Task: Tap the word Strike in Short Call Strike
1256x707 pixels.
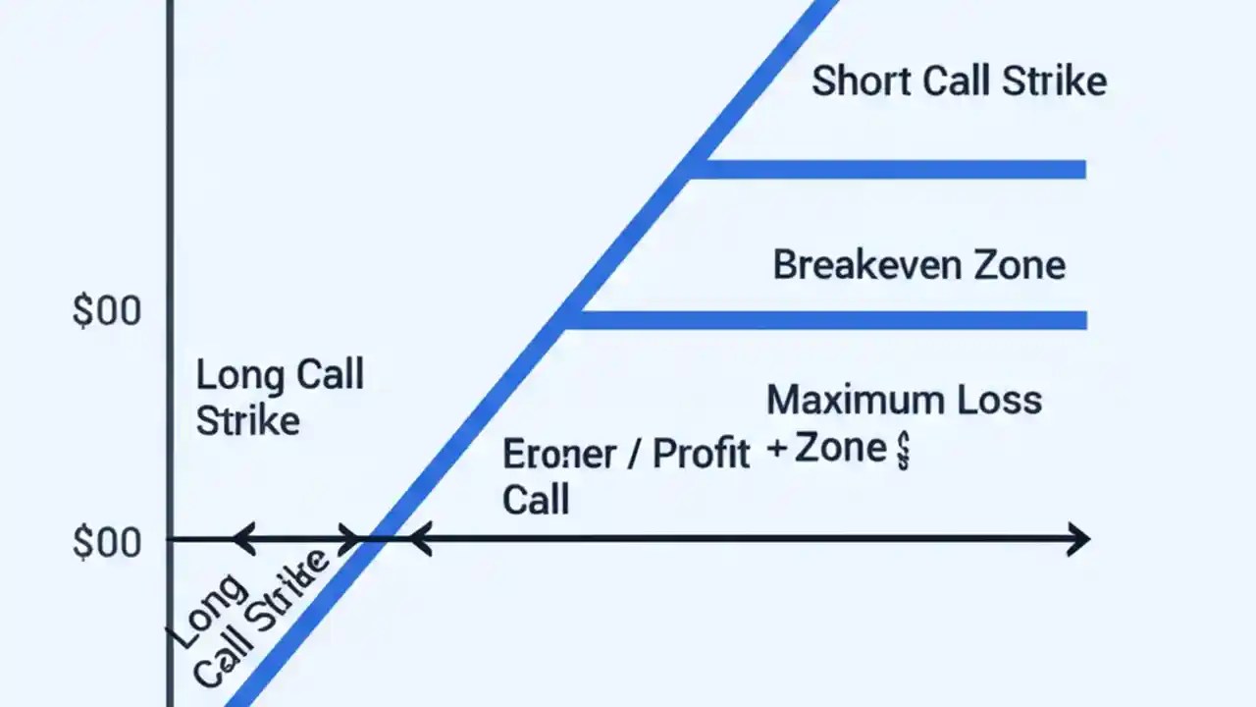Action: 1054,81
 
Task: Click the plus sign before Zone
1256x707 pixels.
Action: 778,450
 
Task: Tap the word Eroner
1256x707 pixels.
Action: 559,455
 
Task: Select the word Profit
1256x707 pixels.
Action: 701,454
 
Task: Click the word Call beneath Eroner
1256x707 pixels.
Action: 536,500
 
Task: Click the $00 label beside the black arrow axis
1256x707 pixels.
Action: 107,543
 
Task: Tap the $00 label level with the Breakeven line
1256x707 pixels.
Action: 107,312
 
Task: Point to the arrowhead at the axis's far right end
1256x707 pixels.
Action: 1079,539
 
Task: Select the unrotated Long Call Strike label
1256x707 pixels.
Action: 279,398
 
